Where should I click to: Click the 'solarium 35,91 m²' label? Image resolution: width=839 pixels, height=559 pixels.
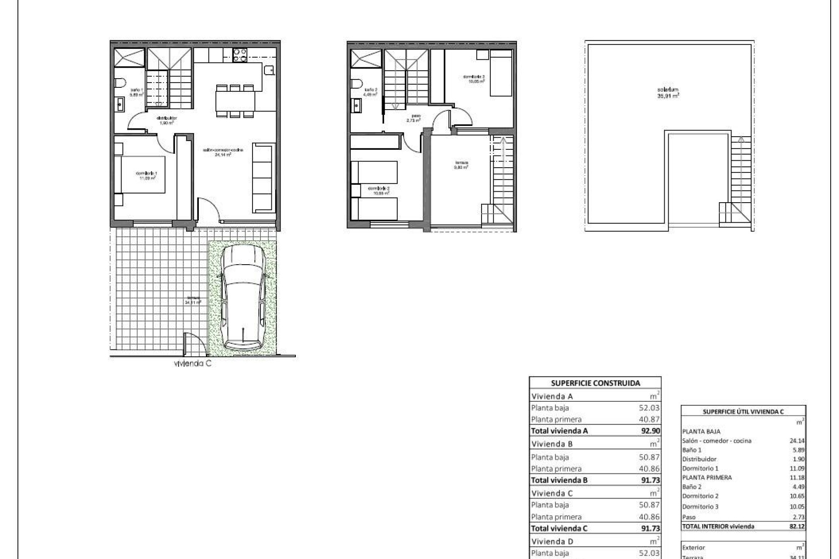[668, 92]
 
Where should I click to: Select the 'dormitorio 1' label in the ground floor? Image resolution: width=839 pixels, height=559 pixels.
[146, 176]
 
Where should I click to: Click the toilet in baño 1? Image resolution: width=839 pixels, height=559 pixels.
[120, 83]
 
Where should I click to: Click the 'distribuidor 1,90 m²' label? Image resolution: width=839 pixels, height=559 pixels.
[167, 120]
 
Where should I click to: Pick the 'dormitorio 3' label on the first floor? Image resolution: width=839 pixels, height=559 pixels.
[474, 79]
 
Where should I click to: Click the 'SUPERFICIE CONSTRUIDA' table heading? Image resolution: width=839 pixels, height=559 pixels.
[595, 383]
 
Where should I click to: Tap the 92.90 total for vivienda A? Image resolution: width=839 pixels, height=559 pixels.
[651, 431]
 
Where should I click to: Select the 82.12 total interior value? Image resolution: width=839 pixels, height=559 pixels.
[797, 526]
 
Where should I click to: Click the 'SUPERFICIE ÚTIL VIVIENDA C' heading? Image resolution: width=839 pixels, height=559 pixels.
[743, 411]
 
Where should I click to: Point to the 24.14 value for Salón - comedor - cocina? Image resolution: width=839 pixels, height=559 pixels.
[797, 441]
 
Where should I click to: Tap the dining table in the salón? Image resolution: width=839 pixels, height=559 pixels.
[235, 100]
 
